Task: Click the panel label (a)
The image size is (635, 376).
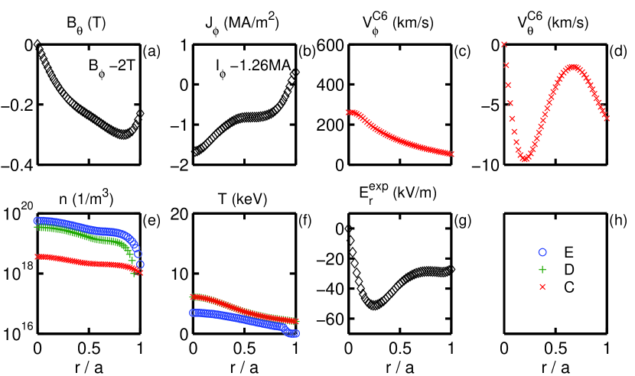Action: click(x=151, y=52)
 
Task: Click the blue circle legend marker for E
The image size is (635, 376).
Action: click(x=543, y=251)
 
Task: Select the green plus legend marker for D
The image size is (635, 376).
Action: click(x=543, y=269)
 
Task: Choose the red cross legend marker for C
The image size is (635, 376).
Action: click(x=543, y=287)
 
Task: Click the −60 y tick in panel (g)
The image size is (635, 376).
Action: click(x=329, y=319)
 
